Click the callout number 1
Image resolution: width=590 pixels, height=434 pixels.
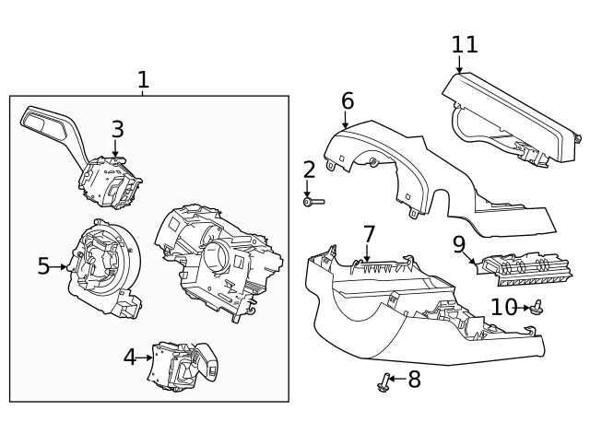143,80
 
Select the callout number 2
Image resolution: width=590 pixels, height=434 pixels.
309,170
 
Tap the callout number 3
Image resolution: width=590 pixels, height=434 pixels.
117,130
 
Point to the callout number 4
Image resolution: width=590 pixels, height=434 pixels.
130,357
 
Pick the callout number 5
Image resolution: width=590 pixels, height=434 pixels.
43,266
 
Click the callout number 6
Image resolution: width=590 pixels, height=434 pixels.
347,100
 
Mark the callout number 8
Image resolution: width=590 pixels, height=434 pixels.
414,378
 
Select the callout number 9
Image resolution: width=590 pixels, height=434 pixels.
458,244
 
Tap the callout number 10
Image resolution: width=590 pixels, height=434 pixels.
503,307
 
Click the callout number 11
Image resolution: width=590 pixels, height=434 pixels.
465,44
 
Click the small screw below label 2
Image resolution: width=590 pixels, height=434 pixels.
313,201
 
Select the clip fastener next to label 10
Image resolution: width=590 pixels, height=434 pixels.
537,308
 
